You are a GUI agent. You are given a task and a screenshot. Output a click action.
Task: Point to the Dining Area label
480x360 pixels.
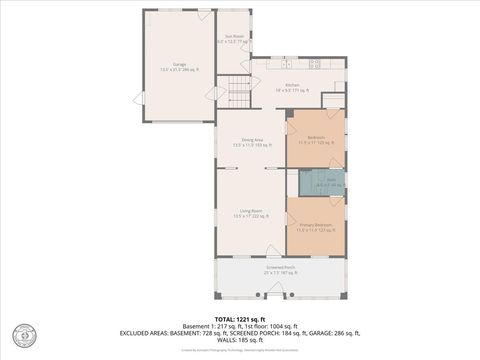pos(252,141)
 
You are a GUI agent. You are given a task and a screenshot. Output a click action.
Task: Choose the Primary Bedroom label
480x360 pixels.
pos(316,227)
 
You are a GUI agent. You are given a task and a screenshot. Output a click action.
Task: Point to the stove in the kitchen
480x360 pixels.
pos(315,65)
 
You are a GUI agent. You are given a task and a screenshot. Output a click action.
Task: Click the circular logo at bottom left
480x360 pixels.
pos(20,333)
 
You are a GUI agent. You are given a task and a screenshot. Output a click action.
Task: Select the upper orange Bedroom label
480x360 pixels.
pos(316,139)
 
